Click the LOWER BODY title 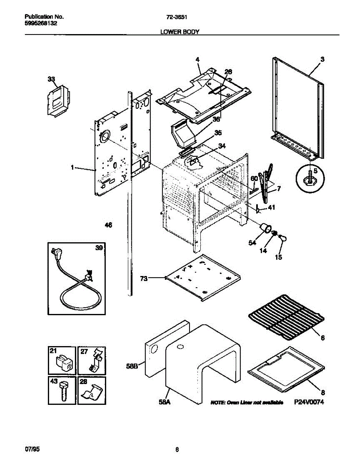180,33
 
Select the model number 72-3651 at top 180,17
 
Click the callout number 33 51,79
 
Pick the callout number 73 144,279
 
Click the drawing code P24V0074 306,402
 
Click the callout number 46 108,225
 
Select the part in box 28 92,394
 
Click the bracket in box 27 93,362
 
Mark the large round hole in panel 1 104,137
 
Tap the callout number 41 271,208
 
